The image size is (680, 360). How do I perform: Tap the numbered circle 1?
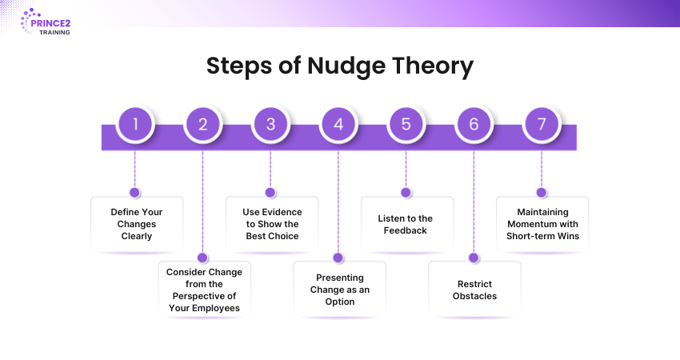[x=135, y=124]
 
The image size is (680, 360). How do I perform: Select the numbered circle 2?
[x=202, y=124]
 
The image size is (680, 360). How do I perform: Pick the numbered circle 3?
[x=270, y=124]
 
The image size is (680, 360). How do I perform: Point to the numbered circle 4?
[x=338, y=124]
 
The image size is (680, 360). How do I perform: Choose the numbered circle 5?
[x=406, y=124]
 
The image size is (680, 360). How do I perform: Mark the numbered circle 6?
[x=474, y=124]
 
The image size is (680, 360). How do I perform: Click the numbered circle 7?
[x=542, y=124]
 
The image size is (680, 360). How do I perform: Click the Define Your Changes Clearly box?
[x=135, y=224]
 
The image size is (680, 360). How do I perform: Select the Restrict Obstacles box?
[x=474, y=290]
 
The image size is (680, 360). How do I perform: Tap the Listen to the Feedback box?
[x=406, y=224]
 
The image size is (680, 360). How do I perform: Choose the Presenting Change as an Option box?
[x=339, y=289]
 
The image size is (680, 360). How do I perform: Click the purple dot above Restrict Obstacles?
[x=474, y=258]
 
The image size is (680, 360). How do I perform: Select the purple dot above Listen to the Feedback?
[x=406, y=193]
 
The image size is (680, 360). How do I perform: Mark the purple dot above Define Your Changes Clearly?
[x=134, y=193]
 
